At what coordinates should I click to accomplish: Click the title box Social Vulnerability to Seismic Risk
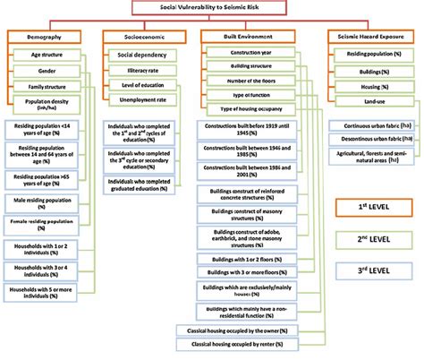tap(211, 8)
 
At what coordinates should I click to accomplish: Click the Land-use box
tap(364, 100)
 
